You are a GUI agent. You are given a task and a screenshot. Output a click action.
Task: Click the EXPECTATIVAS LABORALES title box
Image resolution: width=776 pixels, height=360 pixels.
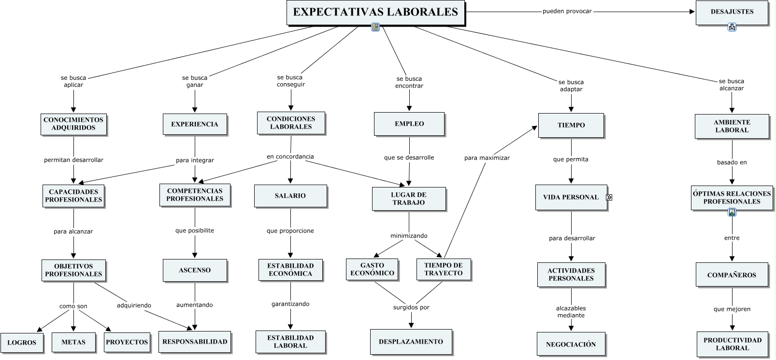(376, 13)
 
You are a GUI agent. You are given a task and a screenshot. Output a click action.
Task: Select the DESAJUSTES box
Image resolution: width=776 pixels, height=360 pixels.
(732, 13)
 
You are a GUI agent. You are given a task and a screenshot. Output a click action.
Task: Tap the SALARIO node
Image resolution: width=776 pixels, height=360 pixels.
(291, 196)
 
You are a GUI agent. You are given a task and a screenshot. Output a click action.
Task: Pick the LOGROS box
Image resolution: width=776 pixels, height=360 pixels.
(22, 343)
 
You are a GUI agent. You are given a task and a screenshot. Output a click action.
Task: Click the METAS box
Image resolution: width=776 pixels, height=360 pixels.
(74, 343)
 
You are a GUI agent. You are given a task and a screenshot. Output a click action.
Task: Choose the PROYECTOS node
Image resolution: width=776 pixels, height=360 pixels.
(127, 343)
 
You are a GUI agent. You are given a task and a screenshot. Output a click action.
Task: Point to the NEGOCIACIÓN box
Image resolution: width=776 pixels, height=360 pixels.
(571, 345)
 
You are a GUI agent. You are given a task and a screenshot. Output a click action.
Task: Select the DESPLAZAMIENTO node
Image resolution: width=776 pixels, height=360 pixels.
(411, 342)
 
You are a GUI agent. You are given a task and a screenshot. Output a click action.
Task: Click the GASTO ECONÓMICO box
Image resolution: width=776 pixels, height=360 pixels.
(373, 270)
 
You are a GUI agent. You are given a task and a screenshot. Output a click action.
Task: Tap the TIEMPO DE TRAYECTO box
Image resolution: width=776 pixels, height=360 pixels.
(444, 270)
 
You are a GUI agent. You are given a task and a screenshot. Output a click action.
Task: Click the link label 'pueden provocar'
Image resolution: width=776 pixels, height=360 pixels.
(567, 12)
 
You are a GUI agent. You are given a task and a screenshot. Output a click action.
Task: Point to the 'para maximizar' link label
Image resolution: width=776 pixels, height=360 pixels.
(487, 158)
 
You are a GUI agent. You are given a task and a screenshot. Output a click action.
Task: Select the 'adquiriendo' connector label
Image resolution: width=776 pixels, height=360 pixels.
(134, 305)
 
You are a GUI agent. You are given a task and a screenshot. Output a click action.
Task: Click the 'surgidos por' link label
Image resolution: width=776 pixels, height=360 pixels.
(411, 307)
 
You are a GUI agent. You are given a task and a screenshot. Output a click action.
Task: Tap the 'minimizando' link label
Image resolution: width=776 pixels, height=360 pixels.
(409, 236)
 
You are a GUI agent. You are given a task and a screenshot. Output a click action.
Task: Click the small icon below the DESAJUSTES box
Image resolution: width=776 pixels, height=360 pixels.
(732, 27)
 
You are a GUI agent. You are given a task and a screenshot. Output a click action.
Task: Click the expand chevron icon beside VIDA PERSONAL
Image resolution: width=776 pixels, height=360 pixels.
(609, 198)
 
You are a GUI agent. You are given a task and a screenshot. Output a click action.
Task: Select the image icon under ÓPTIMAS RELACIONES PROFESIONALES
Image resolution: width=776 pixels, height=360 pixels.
(732, 213)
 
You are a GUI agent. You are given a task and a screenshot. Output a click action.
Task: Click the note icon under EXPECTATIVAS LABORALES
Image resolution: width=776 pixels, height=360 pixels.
(375, 27)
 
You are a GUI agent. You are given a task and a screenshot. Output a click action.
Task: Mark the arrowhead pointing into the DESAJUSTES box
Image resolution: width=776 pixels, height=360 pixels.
(692, 12)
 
